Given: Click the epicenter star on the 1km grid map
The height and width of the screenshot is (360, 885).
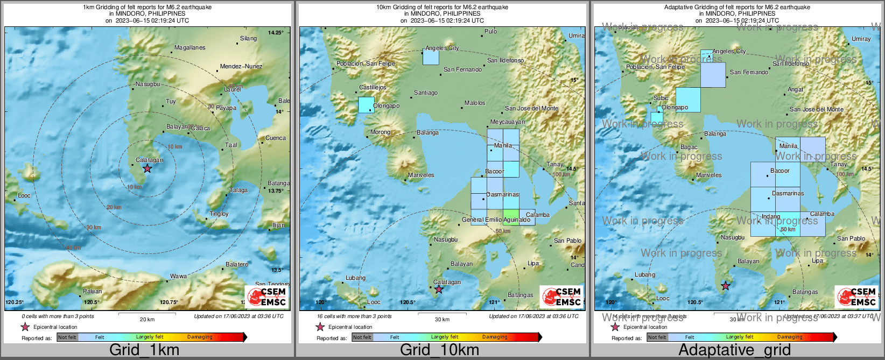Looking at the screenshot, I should (147, 168).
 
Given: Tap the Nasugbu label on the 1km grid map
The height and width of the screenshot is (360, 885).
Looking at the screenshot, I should (147, 84).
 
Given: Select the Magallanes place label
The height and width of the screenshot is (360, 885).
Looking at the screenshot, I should (190, 48).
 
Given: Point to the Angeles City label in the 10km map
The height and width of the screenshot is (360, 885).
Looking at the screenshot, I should (442, 48).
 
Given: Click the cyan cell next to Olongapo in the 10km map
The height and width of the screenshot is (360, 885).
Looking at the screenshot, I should (366, 104).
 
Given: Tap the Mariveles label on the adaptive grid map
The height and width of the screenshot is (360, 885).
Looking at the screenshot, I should (708, 175).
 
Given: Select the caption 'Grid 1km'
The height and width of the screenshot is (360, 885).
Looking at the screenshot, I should (144, 350).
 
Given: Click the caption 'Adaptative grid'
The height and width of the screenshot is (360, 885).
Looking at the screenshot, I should (734, 350).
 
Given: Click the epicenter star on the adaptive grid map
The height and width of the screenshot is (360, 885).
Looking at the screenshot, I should (726, 286).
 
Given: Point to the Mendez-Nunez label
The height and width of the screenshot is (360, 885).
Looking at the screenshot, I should (241, 67).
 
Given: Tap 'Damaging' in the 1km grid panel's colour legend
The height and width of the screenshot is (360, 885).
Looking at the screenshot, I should (200, 337).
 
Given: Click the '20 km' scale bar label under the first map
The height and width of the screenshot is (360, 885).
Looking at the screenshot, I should (147, 320).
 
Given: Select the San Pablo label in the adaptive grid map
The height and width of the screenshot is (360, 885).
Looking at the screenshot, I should (851, 239).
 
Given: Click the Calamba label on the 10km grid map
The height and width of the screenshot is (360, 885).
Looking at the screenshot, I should (537, 215).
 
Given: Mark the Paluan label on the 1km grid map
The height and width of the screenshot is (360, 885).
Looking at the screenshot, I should (92, 292).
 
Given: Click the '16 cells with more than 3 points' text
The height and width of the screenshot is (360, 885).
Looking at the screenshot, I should (354, 316).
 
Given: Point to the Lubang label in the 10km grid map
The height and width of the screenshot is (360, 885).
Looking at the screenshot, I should (355, 278).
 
